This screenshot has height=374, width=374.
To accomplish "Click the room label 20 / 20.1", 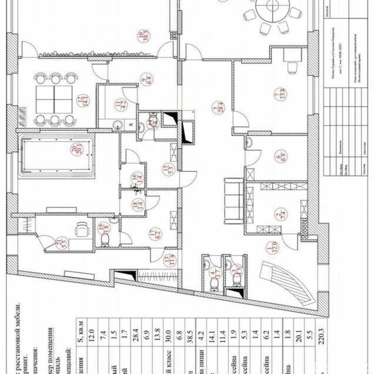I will (x=75, y=150).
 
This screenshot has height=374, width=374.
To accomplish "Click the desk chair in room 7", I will (x=292, y=68).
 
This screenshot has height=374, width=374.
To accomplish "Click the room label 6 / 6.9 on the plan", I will (x=279, y=159).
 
